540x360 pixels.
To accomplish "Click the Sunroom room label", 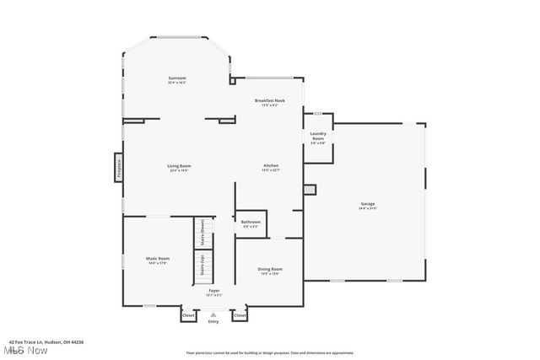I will (x=176, y=80).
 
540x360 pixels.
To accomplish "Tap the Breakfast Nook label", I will (x=270, y=102).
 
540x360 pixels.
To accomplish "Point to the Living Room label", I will (x=178, y=168).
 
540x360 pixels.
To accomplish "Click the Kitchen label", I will (x=270, y=167).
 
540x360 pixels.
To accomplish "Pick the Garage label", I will (x=368, y=205).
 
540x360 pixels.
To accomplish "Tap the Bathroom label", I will (x=251, y=223).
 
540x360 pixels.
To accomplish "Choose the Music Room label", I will (x=158, y=260).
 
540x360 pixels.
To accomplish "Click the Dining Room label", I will (x=270, y=271).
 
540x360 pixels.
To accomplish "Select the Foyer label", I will (x=215, y=292).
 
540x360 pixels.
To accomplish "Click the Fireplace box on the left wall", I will (x=119, y=166).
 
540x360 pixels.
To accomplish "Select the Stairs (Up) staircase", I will (x=202, y=266).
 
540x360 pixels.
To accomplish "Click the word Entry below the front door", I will (x=213, y=321).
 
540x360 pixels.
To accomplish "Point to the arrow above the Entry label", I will (x=213, y=314).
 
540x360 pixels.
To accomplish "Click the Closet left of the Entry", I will (x=187, y=315).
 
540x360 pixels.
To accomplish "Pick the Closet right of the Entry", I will (x=240, y=315).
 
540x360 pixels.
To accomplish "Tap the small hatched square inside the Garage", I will (x=309, y=190).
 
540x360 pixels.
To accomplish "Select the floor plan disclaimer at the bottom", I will (x=269, y=352).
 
